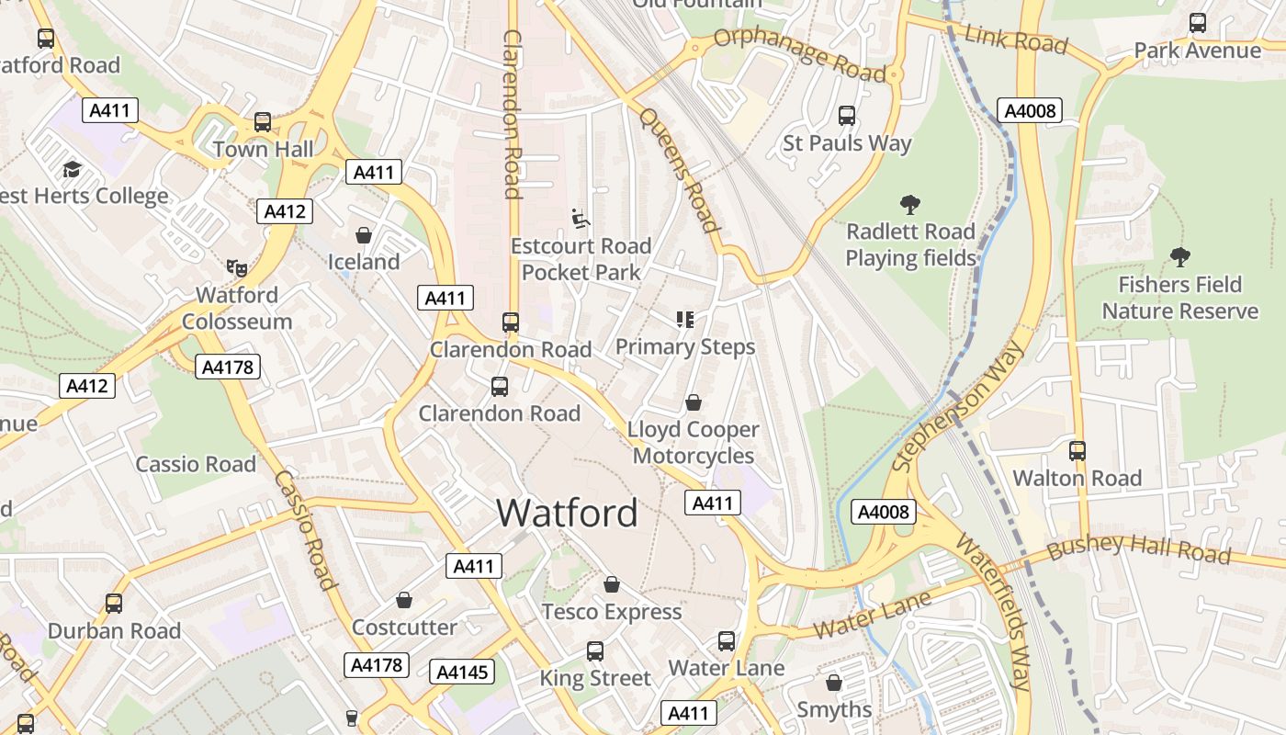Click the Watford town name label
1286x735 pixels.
[567, 512]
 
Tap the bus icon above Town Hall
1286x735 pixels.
[263, 121]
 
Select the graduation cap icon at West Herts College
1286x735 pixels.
[72, 169]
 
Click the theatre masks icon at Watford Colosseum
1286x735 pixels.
[237, 268]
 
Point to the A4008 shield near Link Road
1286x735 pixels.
[1032, 111]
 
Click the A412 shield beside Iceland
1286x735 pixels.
[285, 211]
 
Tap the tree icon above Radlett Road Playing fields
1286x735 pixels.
[910, 204]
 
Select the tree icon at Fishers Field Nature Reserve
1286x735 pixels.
[1180, 257]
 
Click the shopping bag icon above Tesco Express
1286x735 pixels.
[612, 584]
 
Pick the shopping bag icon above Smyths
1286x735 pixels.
[834, 683]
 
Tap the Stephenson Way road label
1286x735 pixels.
[957, 407]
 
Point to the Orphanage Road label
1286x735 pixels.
[799, 53]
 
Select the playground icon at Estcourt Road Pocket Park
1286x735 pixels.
[580, 219]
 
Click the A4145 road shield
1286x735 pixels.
[462, 672]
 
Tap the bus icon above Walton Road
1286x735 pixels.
[1077, 451]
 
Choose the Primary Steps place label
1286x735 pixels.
[685, 346]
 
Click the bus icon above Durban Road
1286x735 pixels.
[114, 604]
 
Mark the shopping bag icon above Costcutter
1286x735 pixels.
[404, 601]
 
